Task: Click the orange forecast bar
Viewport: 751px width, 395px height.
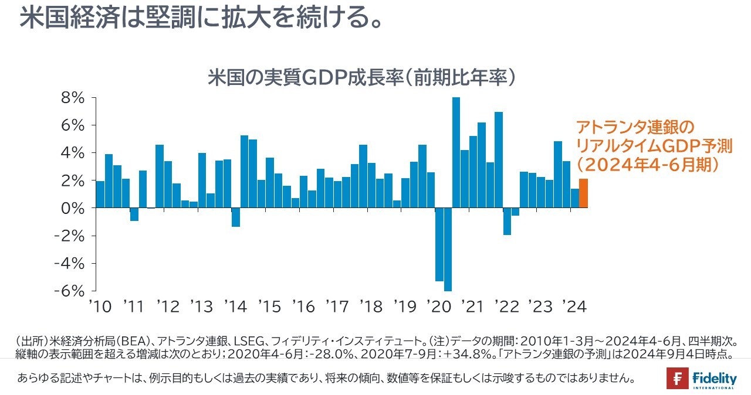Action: [583, 193]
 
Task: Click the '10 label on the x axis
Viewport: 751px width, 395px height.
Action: [100, 307]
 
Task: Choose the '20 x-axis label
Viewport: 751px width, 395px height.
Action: [438, 307]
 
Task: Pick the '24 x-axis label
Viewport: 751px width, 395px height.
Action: [574, 307]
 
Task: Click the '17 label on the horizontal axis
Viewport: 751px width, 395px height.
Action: [337, 307]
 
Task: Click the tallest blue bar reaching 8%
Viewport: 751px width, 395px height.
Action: [456, 152]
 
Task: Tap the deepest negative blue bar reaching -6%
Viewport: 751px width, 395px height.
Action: [448, 249]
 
